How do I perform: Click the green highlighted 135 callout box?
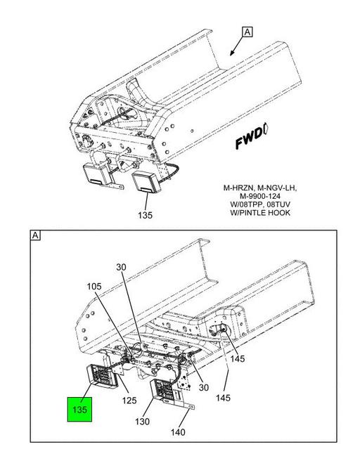coord(79,409)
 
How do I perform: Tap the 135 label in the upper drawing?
coord(145,215)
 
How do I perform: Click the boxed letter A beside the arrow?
coord(247,32)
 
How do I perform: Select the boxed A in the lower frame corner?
coord(35,235)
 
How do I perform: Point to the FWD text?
coord(249,138)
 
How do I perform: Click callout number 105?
coord(94,286)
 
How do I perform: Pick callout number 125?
coord(129,400)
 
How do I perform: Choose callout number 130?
coord(143,421)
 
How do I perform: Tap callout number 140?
coord(178,432)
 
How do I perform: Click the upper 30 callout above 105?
coord(121,267)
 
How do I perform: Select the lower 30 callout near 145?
coord(203,387)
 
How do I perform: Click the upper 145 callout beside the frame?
coord(238,358)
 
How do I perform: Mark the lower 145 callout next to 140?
coord(223,398)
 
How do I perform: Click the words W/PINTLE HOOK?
coord(260,213)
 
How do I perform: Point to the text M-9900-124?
coord(260,196)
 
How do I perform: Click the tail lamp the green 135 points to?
coord(102,375)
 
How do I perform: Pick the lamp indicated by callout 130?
coord(165,390)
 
